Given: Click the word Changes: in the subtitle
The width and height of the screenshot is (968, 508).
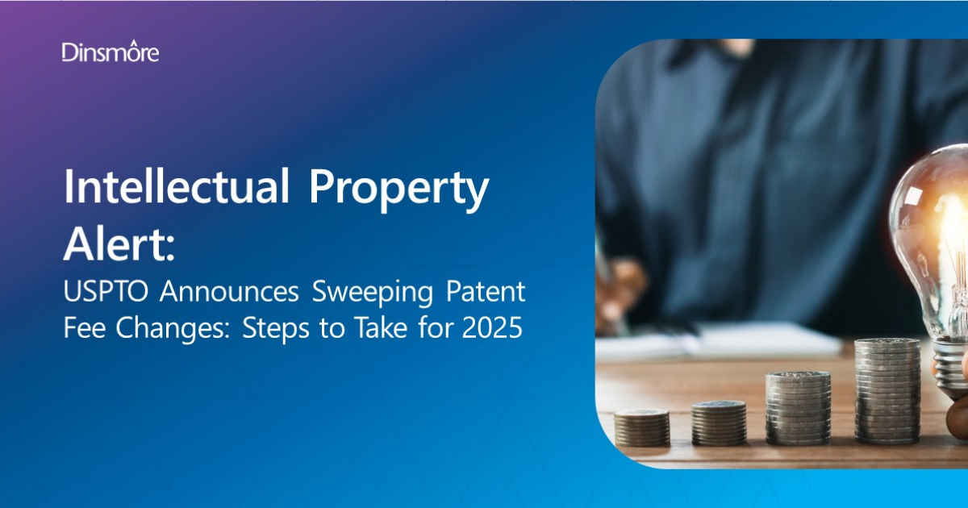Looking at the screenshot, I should pos(172,331).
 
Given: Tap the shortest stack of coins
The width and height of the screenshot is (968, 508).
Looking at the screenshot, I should pos(641,427).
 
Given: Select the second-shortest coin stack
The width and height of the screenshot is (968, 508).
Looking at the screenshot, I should pos(719,423).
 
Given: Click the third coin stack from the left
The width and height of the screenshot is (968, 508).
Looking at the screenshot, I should pos(798,408).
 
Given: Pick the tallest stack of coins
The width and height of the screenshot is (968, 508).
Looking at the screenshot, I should pos(887,391).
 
